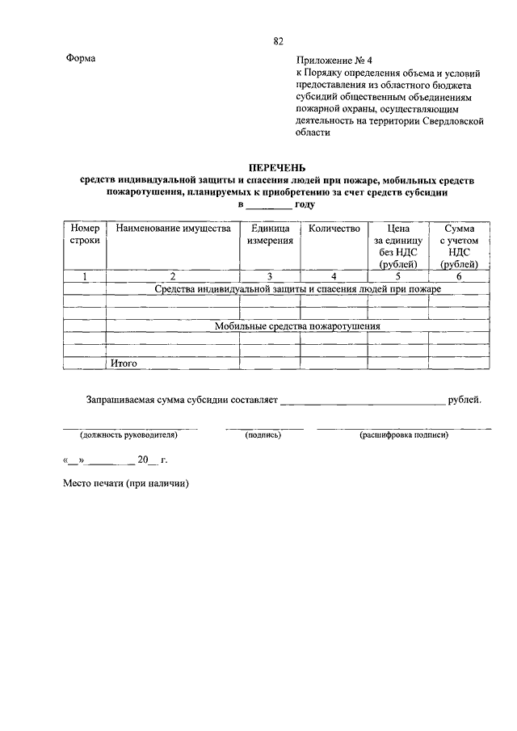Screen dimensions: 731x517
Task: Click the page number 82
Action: (x=278, y=40)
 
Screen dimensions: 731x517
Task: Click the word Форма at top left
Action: (x=80, y=59)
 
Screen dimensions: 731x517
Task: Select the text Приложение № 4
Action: (x=331, y=60)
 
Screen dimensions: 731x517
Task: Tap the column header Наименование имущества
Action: (x=173, y=229)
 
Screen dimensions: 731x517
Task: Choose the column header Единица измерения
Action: (x=270, y=235)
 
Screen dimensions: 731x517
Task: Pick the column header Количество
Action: (x=334, y=229)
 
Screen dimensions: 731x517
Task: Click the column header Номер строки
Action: (x=85, y=235)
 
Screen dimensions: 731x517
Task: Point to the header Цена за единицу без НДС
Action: (x=398, y=246)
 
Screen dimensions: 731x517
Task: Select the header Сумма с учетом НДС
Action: (x=459, y=246)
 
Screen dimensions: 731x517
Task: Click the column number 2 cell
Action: (x=172, y=276)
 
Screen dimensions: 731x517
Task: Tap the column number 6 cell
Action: (x=459, y=276)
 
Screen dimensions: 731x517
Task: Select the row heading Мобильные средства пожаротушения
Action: (x=297, y=326)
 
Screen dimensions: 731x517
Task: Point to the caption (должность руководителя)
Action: (x=128, y=435)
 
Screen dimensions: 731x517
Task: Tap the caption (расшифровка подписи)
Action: (x=404, y=435)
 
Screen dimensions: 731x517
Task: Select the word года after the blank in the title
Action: (x=305, y=204)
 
